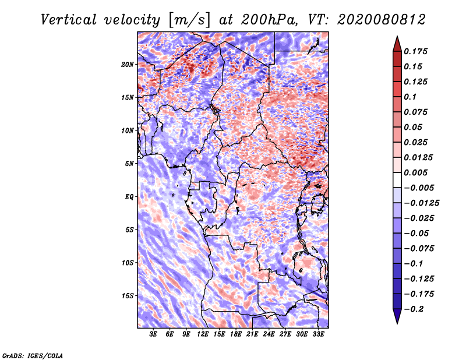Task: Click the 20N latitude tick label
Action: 128,64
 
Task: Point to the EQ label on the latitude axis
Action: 129,196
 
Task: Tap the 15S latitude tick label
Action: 128,295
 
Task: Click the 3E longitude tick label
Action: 154,334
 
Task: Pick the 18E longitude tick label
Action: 235,334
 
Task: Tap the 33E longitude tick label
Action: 318,334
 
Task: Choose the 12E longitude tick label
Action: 203,334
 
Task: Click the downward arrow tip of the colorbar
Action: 397,322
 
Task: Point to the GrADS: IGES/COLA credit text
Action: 32,354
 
